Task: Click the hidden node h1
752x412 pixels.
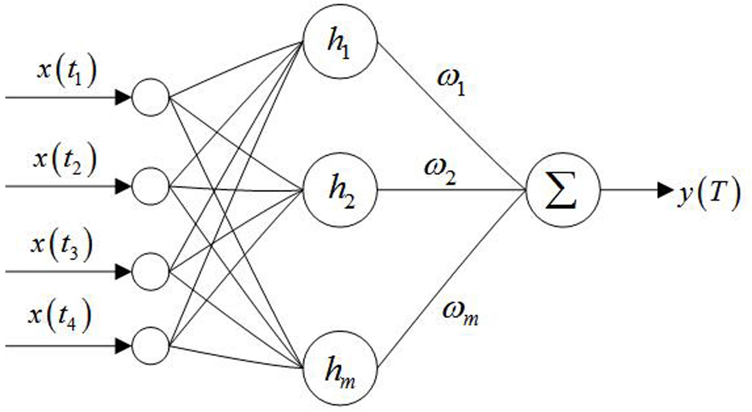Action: [x=340, y=42]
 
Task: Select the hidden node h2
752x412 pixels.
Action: [x=340, y=190]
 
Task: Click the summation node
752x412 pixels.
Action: [x=563, y=190]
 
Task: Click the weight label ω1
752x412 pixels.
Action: [x=451, y=82]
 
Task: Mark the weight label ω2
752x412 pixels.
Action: [x=440, y=170]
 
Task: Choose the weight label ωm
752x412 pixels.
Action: [x=460, y=314]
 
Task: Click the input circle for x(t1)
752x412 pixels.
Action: [x=151, y=97]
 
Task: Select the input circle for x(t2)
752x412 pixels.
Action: [x=151, y=186]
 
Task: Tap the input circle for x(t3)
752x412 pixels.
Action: [x=151, y=272]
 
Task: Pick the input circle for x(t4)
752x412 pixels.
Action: [x=151, y=346]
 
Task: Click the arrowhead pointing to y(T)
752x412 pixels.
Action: [x=666, y=190]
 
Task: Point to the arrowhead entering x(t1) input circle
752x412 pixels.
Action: [x=123, y=97]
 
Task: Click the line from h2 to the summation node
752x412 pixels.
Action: [x=452, y=190]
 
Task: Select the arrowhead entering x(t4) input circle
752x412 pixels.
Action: [x=123, y=346]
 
